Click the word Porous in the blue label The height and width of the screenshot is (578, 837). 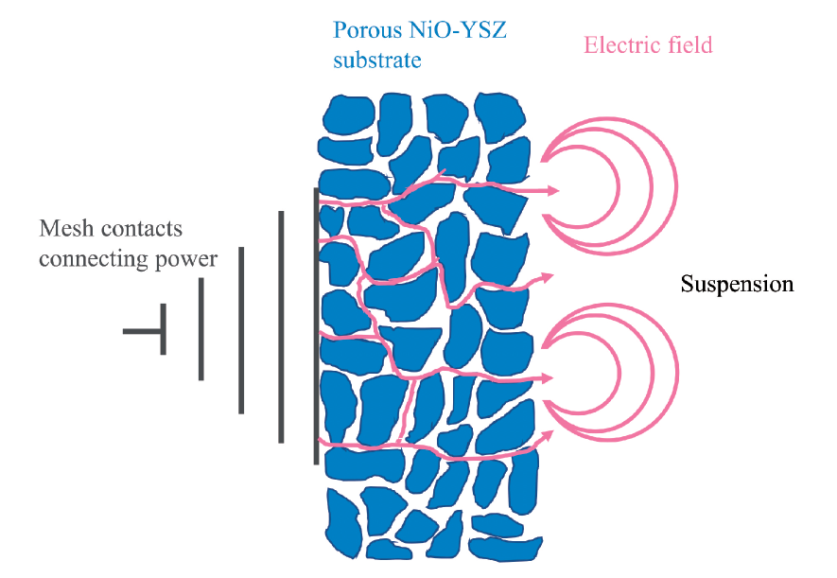tap(367, 30)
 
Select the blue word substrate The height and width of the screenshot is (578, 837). tap(376, 60)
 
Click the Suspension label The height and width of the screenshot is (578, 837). tap(737, 284)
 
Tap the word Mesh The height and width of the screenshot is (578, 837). tap(64, 228)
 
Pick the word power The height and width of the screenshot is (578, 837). tap(186, 260)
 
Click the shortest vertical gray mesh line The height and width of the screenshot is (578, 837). tap(164, 329)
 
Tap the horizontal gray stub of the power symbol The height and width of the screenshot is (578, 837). tap(142, 331)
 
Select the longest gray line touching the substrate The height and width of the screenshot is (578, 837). tap(316, 325)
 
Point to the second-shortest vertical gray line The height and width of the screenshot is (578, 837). tap(201, 329)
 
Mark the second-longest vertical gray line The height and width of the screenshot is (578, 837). tap(281, 326)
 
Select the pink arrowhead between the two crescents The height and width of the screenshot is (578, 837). tap(548, 277)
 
